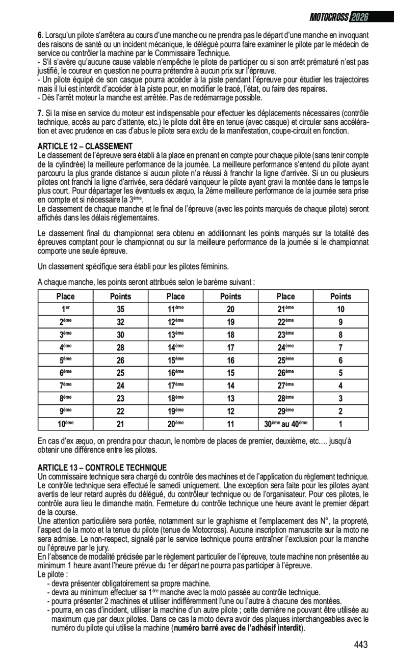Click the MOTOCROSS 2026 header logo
[x=339, y=17]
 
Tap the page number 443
[x=361, y=645]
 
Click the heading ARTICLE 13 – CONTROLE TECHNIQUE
[x=102, y=467]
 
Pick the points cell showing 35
[x=120, y=309]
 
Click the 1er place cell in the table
[x=65, y=309]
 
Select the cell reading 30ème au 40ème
[x=285, y=424]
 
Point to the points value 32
[x=120, y=322]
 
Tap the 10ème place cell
[x=65, y=424]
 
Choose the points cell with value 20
[x=230, y=309]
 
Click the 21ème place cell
[x=285, y=309]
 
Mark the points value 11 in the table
[x=230, y=424]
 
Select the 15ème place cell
[x=175, y=360]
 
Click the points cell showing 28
[x=120, y=347]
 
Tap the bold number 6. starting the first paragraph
[x=40, y=35]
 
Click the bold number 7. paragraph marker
[x=40, y=113]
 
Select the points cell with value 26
[x=120, y=360]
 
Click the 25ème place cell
[x=285, y=360]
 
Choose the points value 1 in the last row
[x=340, y=424]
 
